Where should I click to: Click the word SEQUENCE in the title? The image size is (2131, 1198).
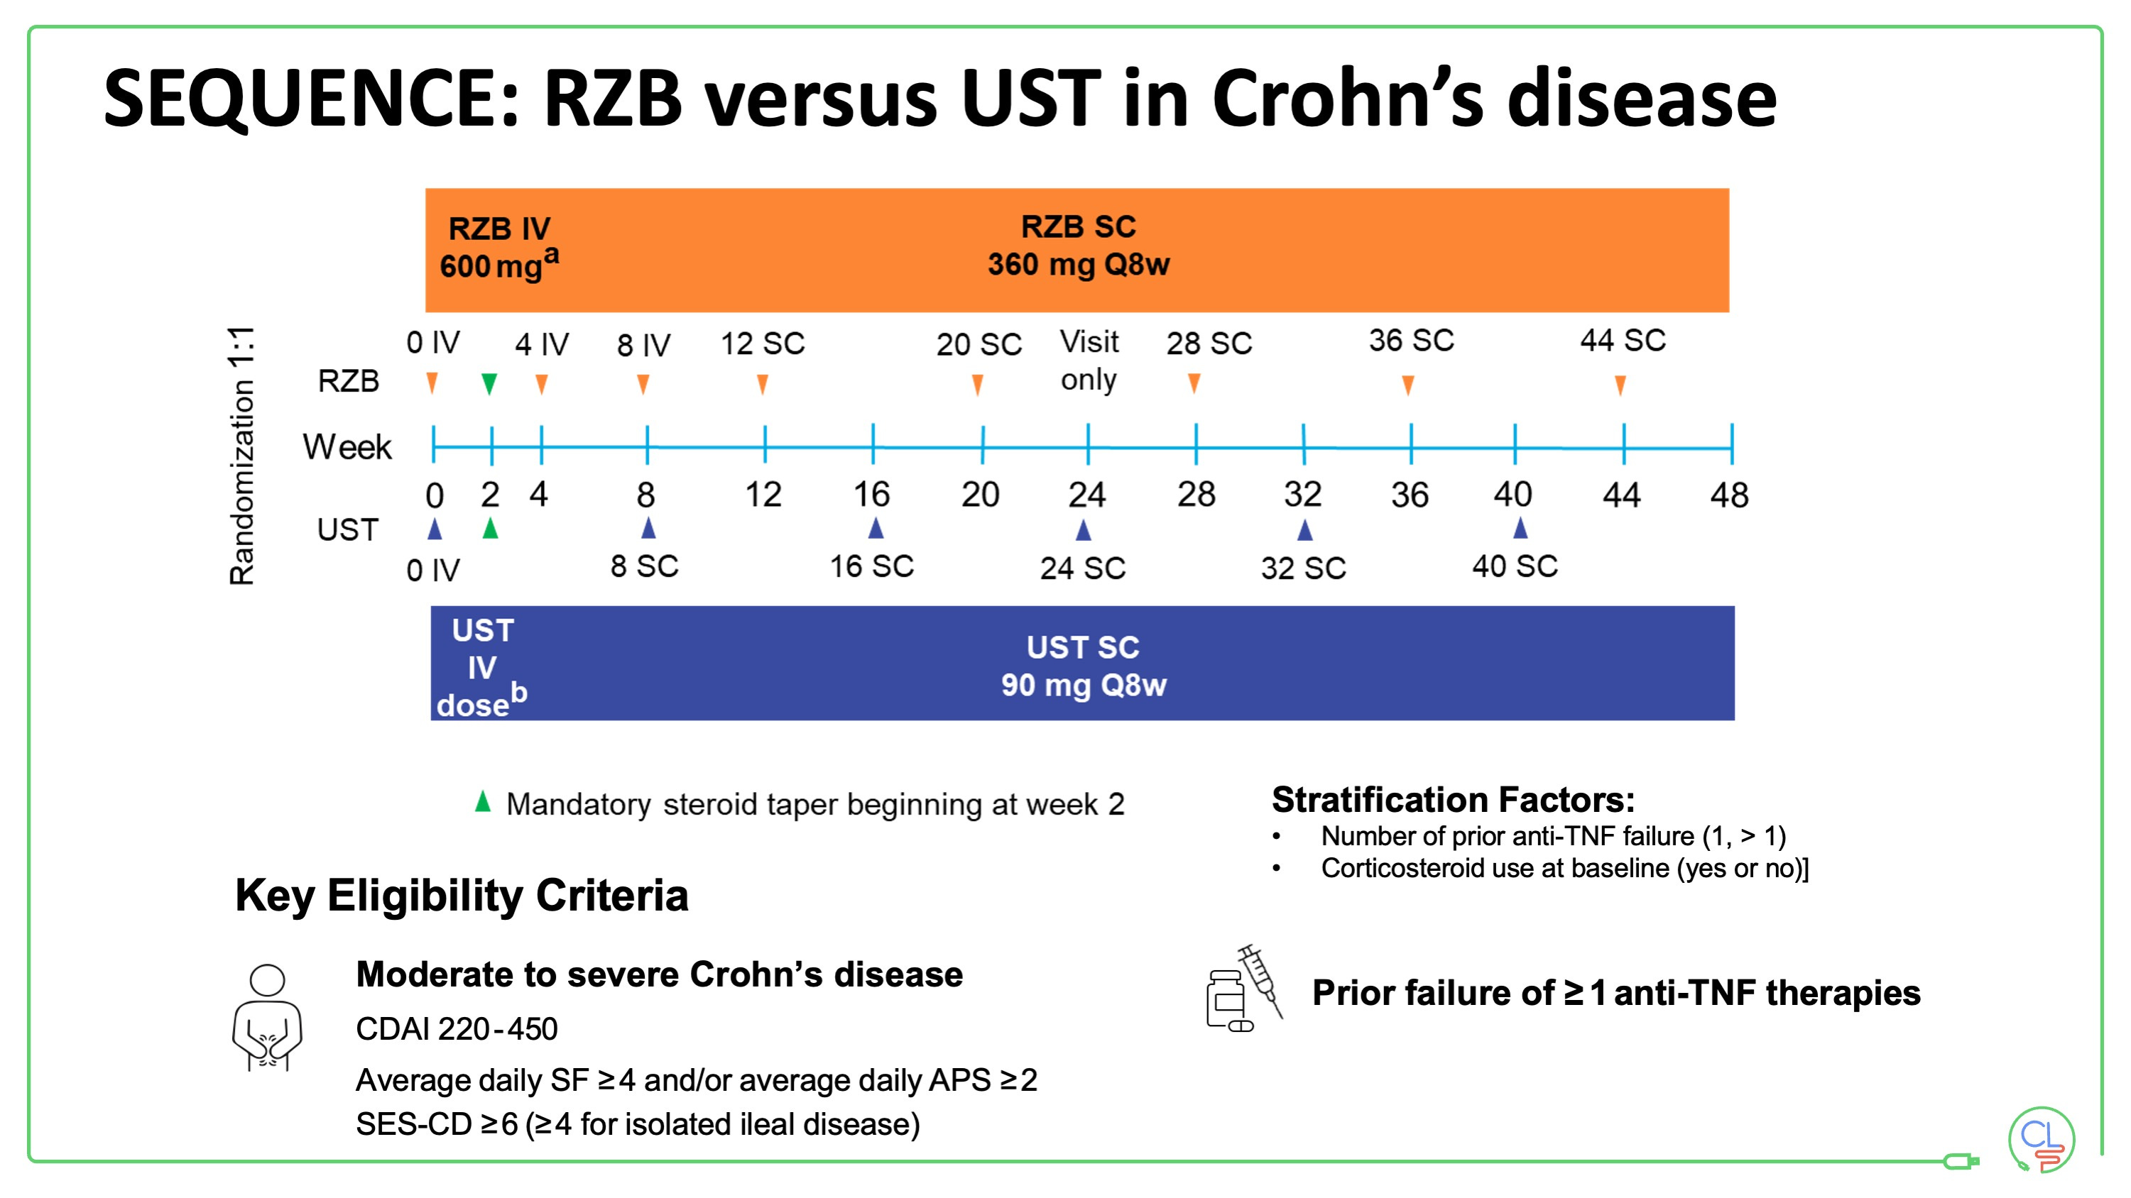click(310, 99)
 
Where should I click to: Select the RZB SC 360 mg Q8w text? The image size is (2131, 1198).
click(1078, 246)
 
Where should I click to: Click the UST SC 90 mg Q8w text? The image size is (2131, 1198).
click(1083, 666)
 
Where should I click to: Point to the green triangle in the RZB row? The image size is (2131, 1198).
click(489, 384)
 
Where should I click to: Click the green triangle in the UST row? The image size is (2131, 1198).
click(491, 527)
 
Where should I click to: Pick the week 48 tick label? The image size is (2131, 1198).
click(1729, 495)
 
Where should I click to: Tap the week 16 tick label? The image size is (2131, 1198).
click(871, 495)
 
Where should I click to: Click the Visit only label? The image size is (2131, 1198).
click(1089, 361)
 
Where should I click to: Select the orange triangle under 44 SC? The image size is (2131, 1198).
click(1620, 385)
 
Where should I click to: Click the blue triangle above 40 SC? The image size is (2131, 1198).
click(1520, 527)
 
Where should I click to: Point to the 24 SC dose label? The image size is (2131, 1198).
click(1082, 568)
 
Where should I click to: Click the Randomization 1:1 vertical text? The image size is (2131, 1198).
click(241, 456)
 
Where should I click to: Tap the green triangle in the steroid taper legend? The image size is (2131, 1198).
click(483, 801)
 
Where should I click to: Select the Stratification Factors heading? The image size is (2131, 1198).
click(1453, 799)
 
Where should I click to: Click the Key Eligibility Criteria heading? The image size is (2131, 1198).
click(462, 896)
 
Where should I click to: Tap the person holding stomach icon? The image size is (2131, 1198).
click(267, 1018)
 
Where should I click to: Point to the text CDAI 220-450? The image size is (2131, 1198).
click(457, 1029)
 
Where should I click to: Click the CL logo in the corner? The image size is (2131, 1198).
click(2040, 1140)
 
